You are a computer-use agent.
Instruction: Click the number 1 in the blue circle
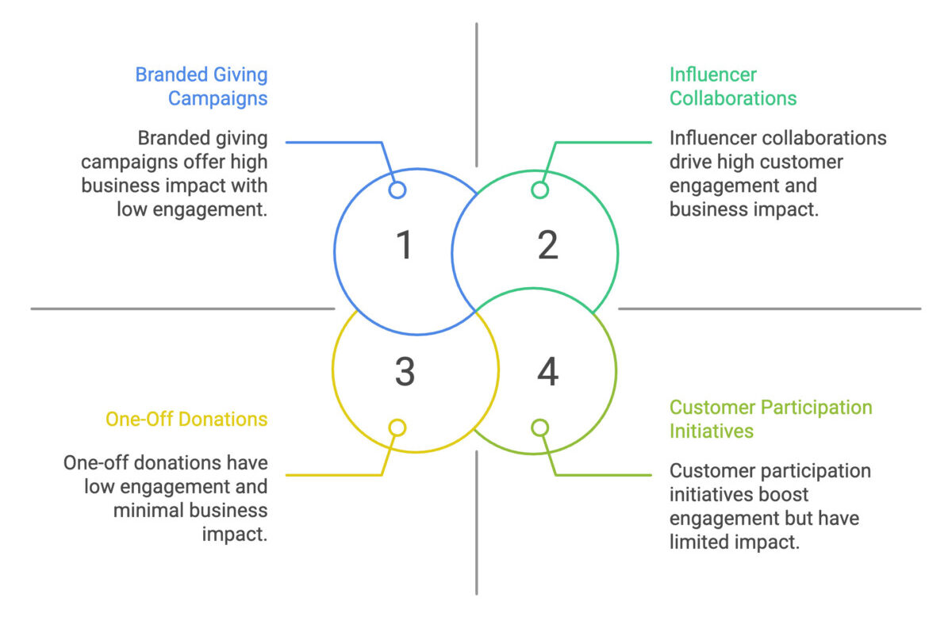pyautogui.click(x=405, y=246)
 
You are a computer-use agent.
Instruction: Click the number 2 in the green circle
pyautogui.click(x=547, y=246)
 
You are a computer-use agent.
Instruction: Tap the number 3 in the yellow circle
pyautogui.click(x=405, y=372)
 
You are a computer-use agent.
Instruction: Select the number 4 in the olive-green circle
pyautogui.click(x=547, y=372)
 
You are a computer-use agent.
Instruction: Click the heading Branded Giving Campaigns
pyautogui.click(x=202, y=86)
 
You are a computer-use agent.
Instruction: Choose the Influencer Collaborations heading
pyautogui.click(x=733, y=86)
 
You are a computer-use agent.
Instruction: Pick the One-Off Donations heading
pyautogui.click(x=186, y=420)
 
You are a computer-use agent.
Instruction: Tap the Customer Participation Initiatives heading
pyautogui.click(x=770, y=420)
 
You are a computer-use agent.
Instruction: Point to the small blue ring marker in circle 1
pyautogui.click(x=397, y=190)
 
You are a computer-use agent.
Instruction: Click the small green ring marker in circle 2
pyautogui.click(x=539, y=190)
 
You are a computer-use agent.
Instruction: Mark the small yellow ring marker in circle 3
pyautogui.click(x=397, y=427)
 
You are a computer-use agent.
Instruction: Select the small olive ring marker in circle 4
pyautogui.click(x=539, y=427)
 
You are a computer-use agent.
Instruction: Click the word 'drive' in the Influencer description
pyautogui.click(x=692, y=162)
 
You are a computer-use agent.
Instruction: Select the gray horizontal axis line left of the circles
pyautogui.click(x=182, y=308)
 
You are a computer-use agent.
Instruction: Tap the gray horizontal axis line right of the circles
pyautogui.click(x=770, y=308)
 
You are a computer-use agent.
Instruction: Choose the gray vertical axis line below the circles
pyautogui.click(x=477, y=523)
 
